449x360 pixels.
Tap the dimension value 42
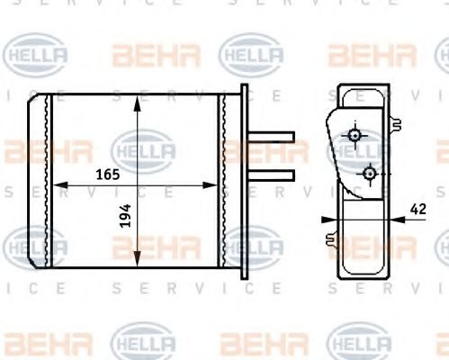(x=417, y=209)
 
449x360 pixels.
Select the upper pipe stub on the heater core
(x=273, y=137)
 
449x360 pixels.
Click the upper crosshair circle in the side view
(x=356, y=136)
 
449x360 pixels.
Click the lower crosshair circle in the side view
(x=369, y=171)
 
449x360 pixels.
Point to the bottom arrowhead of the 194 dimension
(x=137, y=263)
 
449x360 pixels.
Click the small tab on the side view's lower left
(x=332, y=240)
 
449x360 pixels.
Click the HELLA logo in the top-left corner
(x=37, y=56)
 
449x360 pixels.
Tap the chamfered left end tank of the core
(x=39, y=180)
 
